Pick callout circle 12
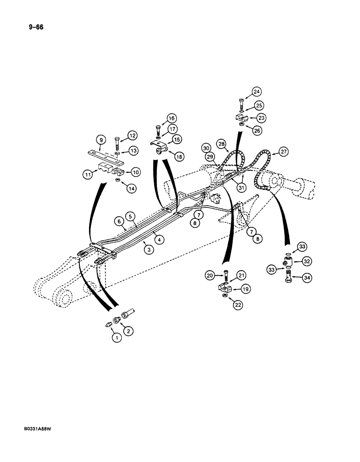point(133,135)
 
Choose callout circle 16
point(171,118)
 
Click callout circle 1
point(117,338)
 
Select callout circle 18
point(178,157)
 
